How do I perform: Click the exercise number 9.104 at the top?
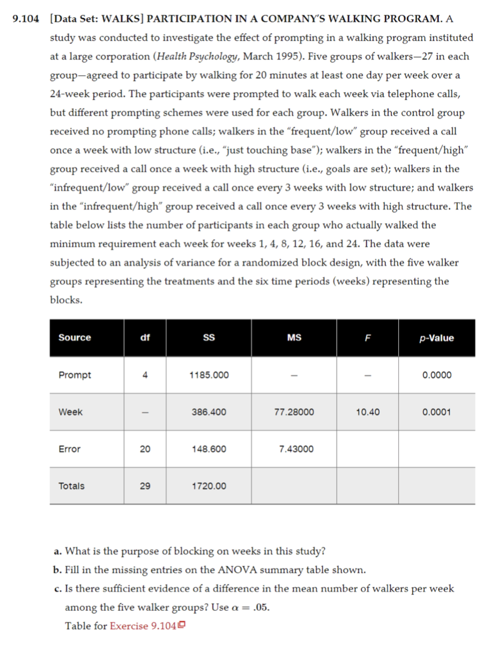coord(25,19)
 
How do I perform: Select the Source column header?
coord(74,337)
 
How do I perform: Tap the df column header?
coord(145,337)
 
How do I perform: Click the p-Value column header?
coord(436,338)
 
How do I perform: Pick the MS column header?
coord(294,337)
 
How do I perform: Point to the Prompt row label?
coord(74,375)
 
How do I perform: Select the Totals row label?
coord(71,486)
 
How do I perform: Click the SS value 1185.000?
coord(209,375)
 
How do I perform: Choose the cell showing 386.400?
coord(209,412)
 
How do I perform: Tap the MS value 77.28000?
coord(294,412)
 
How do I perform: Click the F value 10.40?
coord(367,412)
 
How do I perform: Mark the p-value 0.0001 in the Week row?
coord(436,412)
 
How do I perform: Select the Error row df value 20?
coord(145,449)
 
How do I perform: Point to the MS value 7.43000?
coord(296,449)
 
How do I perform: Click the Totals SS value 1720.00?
coord(209,486)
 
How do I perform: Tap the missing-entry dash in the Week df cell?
coord(145,412)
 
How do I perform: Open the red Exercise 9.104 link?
coord(143,626)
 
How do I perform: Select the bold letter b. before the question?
coord(57,570)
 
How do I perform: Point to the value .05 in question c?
coord(260,607)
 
